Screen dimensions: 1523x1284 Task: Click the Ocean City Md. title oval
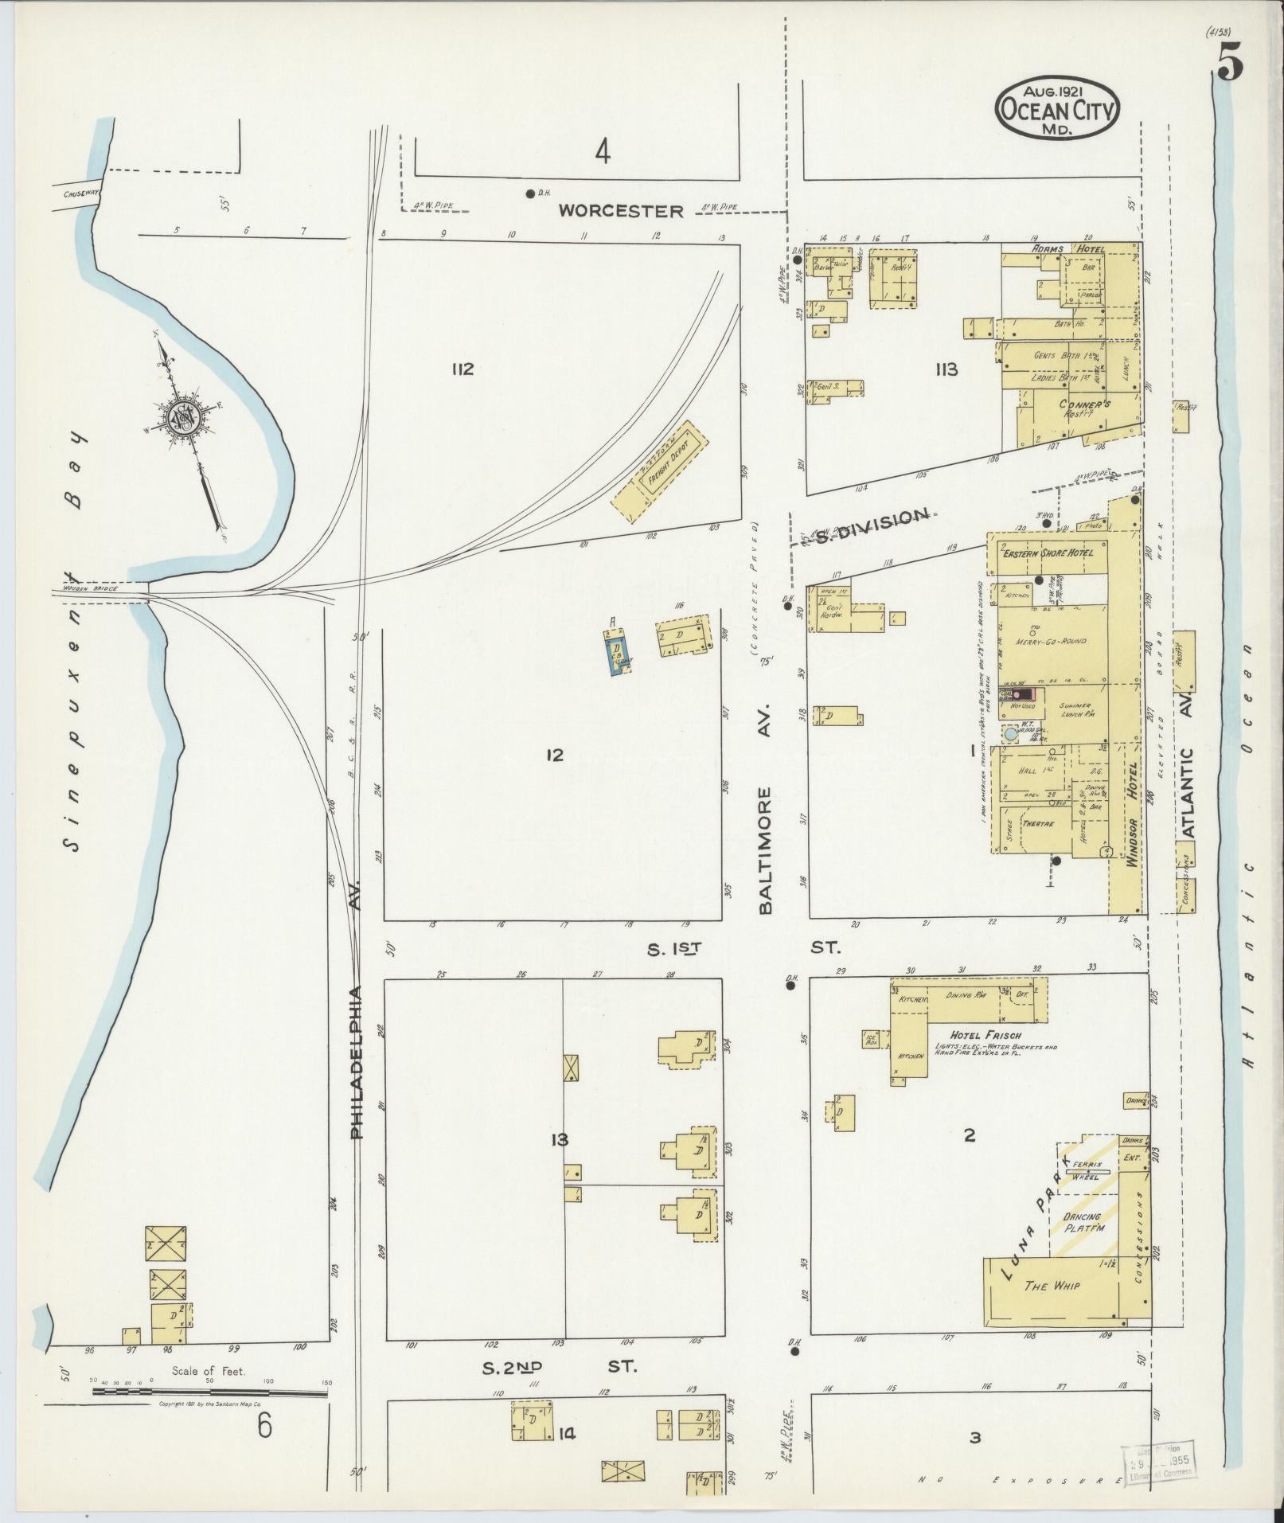tap(1057, 109)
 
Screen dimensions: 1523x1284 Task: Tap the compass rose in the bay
tap(184, 416)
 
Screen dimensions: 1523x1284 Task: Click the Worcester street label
tap(621, 211)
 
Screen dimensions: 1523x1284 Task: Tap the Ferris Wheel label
tap(1085, 1170)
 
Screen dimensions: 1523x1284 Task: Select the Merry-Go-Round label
tap(1051, 641)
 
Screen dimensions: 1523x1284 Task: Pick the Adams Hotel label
tap(1067, 249)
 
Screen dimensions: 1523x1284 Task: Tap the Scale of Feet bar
tap(211, 1390)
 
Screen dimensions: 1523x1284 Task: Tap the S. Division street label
tap(872, 517)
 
